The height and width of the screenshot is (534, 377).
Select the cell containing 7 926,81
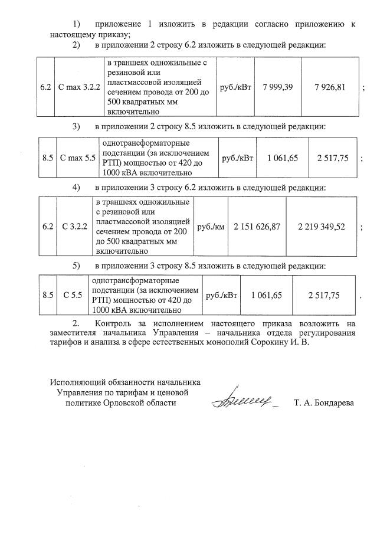pyautogui.click(x=330, y=87)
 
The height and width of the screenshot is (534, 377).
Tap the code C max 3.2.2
pyautogui.click(x=80, y=87)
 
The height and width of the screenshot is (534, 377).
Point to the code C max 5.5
pyautogui.click(x=78, y=158)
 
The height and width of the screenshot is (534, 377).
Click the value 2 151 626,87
pyautogui.click(x=257, y=227)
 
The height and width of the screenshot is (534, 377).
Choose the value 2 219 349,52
pyautogui.click(x=321, y=227)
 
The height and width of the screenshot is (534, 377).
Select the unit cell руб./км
pyautogui.click(x=210, y=227)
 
